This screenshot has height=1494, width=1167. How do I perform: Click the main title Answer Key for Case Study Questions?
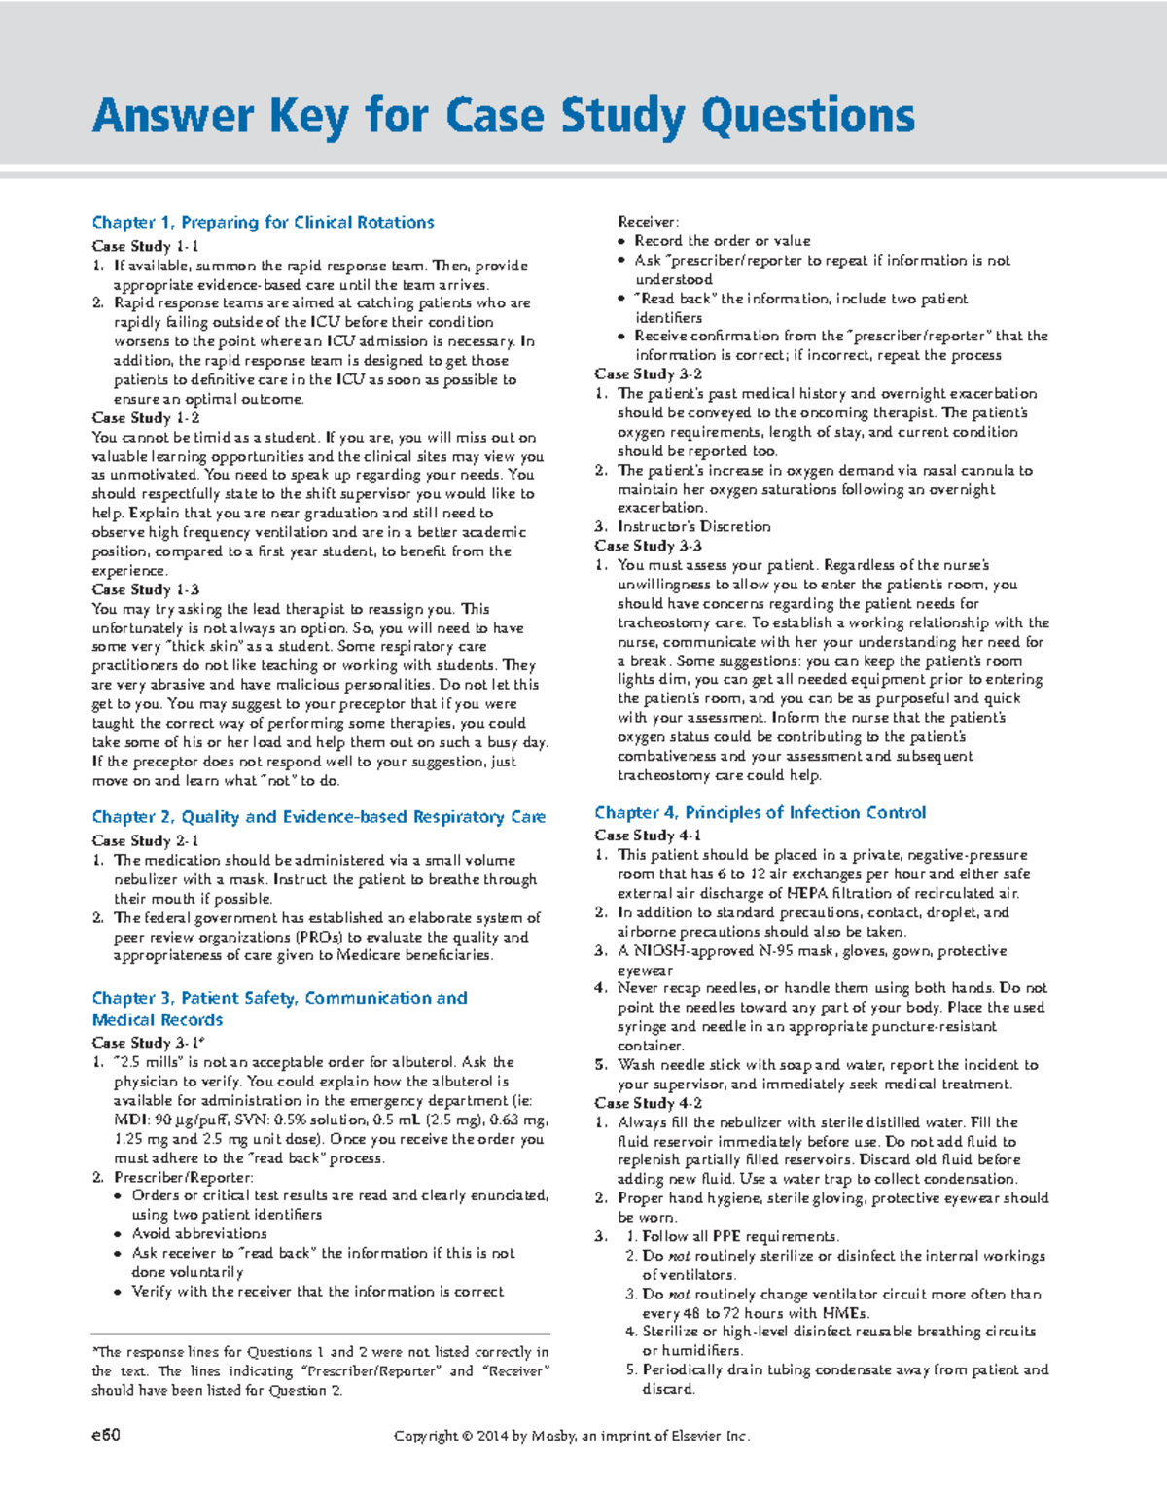point(504,116)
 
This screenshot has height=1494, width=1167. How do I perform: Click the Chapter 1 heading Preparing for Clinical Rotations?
point(263,222)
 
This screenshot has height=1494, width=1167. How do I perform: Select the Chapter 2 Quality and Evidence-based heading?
point(318,817)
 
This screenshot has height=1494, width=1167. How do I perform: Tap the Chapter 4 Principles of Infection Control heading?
point(760,812)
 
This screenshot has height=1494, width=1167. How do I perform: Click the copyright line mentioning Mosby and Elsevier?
point(572,1436)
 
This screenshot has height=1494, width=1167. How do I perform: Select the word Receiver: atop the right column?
point(649,222)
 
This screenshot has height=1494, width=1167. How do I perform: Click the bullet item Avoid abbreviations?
point(199,1233)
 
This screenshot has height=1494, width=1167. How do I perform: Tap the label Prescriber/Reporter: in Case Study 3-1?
point(184,1177)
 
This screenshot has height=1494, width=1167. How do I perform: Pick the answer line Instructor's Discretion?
point(693,526)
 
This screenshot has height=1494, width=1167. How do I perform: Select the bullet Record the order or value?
point(722,240)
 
